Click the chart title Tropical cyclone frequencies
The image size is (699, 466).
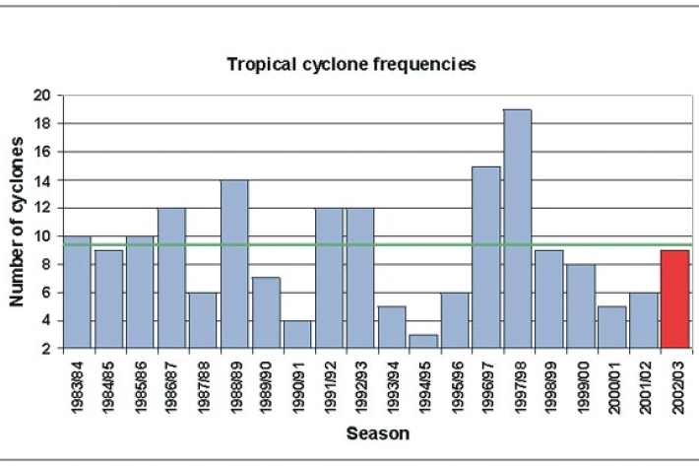tap(351, 65)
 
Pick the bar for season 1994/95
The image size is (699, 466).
tap(423, 341)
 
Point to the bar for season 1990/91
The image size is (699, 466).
tap(297, 334)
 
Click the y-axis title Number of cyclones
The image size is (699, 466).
tap(18, 222)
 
